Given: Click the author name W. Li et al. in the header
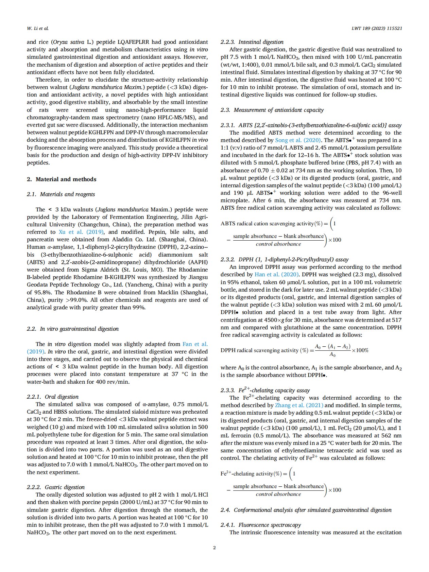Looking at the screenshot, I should click(x=37, y=28).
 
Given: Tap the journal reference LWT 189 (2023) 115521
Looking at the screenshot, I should click(x=377, y=28).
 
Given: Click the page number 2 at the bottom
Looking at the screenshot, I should click(x=214, y=548).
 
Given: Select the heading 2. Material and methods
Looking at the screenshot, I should click(x=62, y=179).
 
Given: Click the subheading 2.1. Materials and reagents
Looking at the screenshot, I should click(x=61, y=194).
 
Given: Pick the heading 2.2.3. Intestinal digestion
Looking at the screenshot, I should click(x=252, y=42).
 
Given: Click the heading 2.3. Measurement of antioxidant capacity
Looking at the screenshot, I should click(x=272, y=110).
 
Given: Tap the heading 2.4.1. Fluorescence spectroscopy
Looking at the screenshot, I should click(x=261, y=525).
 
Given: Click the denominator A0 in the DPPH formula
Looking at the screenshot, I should click(x=332, y=355).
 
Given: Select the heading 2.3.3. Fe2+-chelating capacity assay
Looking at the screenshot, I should click(x=265, y=390).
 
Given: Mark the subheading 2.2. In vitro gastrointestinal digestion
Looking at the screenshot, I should click(x=73, y=329).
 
